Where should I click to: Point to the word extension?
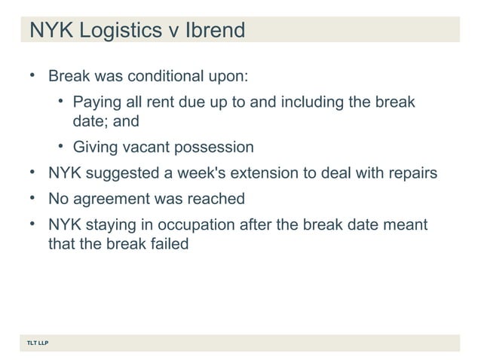click(263, 173)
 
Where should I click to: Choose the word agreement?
click(108, 200)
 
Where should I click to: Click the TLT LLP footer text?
click(35, 343)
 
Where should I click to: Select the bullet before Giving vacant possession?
click(60, 145)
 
